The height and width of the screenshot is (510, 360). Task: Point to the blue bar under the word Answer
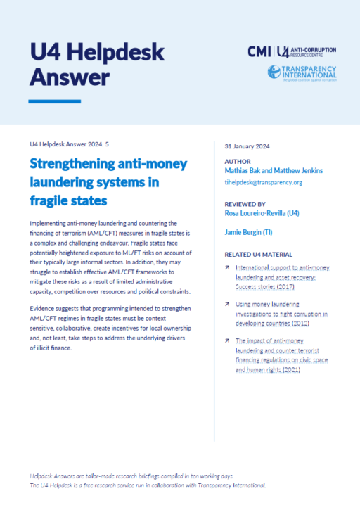pos(54,102)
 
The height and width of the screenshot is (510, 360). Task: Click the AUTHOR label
pos(237,160)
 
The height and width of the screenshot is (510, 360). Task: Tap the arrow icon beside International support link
pos(226,268)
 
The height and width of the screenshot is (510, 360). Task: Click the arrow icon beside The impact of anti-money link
pos(226,340)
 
